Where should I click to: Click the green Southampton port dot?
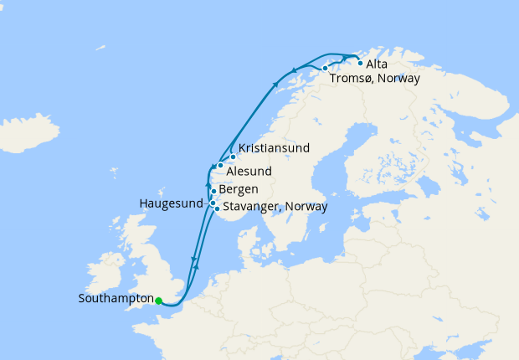coord(158,301)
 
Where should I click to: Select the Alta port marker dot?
coord(360,63)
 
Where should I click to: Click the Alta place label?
coord(377,64)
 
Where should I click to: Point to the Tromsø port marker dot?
coord(325,68)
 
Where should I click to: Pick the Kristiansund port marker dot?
coord(233,157)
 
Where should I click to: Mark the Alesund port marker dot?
coord(220,165)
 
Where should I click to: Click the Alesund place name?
coord(249,171)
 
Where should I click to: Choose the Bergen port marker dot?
coord(213,192)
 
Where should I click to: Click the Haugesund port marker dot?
coord(213,203)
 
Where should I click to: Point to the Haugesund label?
coord(171,203)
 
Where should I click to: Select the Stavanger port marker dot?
coord(217,208)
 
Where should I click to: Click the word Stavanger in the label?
coord(252,207)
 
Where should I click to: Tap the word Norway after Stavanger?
coord(306,207)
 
